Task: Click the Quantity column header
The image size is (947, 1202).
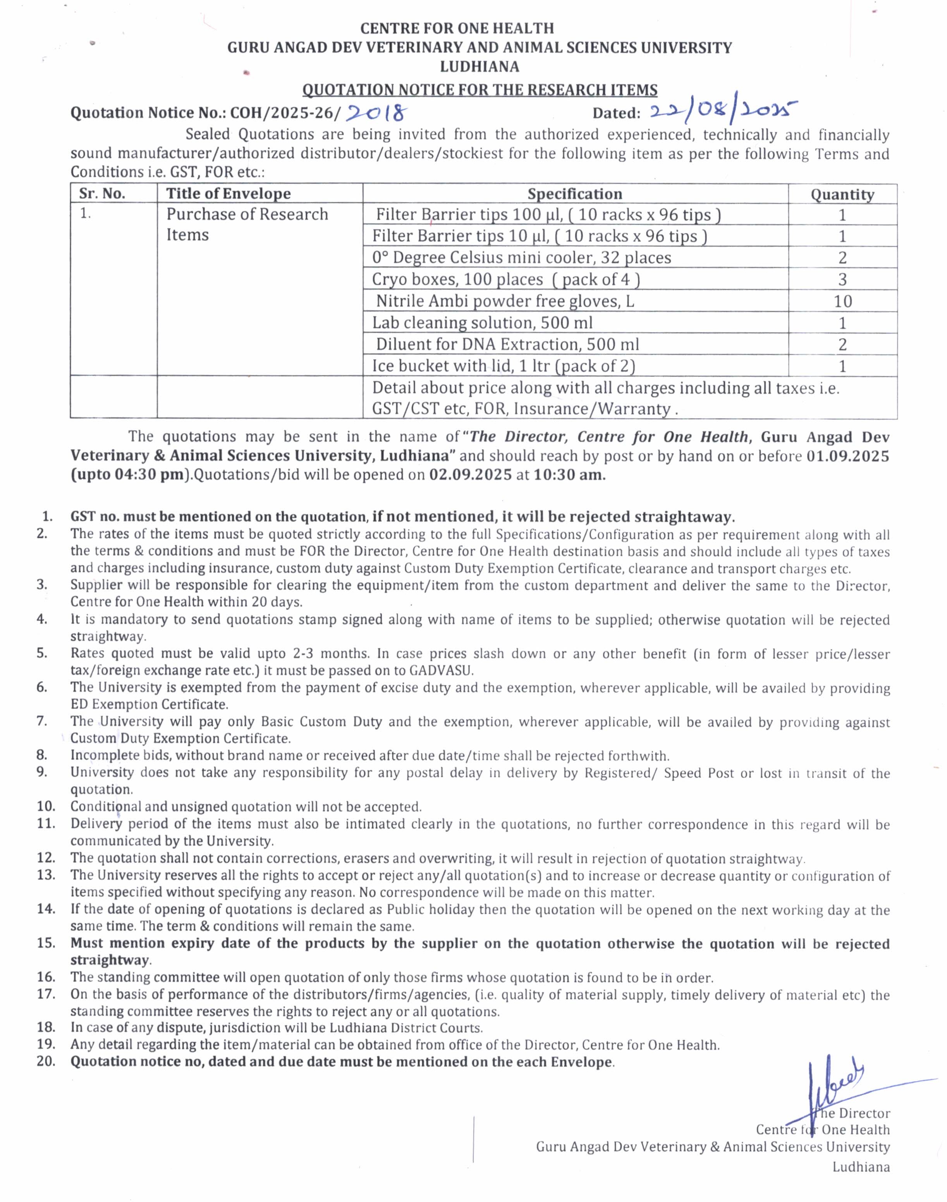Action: point(842,194)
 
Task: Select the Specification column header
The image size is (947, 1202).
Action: point(575,194)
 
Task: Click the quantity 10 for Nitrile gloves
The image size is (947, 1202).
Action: point(842,301)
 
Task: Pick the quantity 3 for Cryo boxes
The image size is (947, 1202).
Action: point(842,280)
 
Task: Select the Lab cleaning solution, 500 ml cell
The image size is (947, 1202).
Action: point(482,323)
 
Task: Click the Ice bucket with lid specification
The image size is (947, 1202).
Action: point(504,366)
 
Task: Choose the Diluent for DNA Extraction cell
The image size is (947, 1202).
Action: point(507,344)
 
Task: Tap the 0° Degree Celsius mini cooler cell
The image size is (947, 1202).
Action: point(521,258)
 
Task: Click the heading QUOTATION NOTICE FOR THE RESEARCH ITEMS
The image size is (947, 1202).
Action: point(480,89)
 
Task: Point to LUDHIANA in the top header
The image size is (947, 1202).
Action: point(480,67)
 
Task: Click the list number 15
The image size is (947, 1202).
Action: point(46,943)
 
